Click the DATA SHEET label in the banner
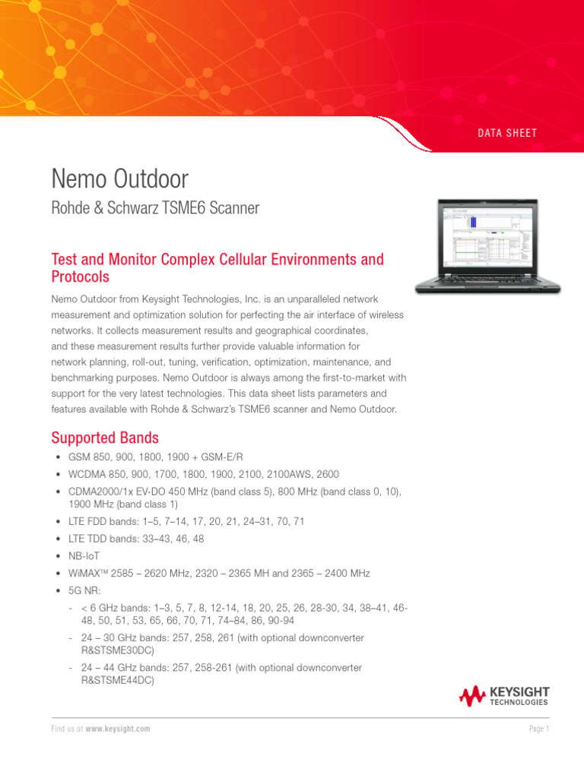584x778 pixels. (x=507, y=133)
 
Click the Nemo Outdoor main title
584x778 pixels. (x=119, y=179)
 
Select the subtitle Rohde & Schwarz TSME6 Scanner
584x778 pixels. (x=155, y=207)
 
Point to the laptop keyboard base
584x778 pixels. (x=487, y=286)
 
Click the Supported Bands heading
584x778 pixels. (x=105, y=438)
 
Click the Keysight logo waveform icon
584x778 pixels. (x=472, y=695)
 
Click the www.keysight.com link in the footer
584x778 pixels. (x=117, y=729)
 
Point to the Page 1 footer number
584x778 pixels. (x=538, y=729)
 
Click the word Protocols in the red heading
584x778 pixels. (x=80, y=277)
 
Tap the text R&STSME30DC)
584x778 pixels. (x=117, y=651)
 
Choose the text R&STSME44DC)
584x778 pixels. (x=117, y=682)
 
